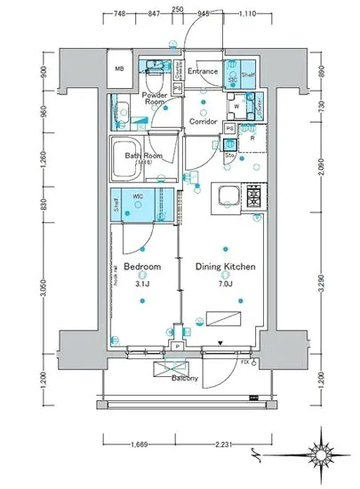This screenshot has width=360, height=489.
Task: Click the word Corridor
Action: (x=203, y=122)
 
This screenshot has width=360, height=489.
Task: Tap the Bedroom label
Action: (x=141, y=267)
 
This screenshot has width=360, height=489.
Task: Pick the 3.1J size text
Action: (x=140, y=283)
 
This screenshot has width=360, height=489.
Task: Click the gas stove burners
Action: (x=253, y=195)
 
